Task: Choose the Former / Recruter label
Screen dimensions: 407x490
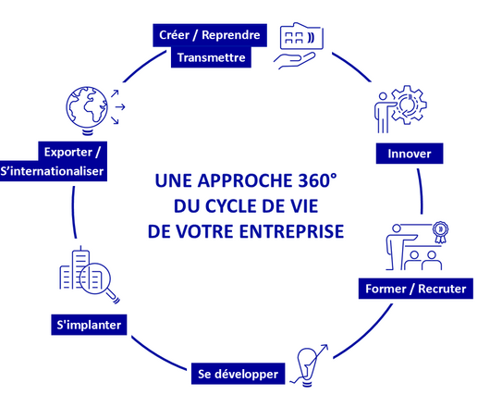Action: pyautogui.click(x=415, y=290)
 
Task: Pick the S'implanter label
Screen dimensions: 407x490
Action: pyautogui.click(x=90, y=325)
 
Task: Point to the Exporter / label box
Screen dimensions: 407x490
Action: pyautogui.click(x=73, y=151)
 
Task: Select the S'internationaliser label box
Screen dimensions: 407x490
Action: pyautogui.click(x=55, y=172)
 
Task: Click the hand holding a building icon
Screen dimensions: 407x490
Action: pyautogui.click(x=299, y=44)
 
